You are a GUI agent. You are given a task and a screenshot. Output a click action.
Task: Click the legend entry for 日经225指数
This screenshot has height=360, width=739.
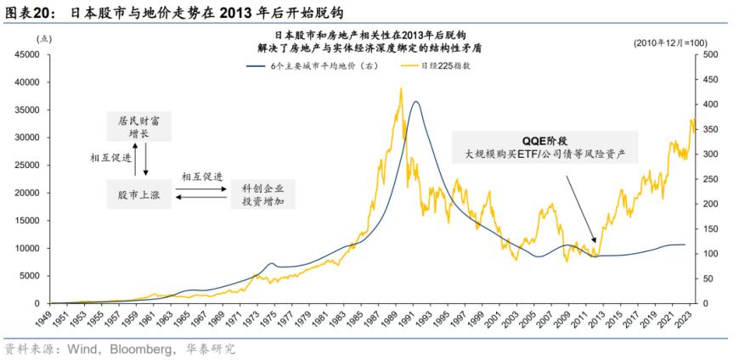tap(437, 66)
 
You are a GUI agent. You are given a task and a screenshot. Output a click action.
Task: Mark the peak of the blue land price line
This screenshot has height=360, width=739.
tap(415, 102)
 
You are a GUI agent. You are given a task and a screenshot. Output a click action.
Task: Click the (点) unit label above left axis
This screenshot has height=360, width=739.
tap(44, 39)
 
